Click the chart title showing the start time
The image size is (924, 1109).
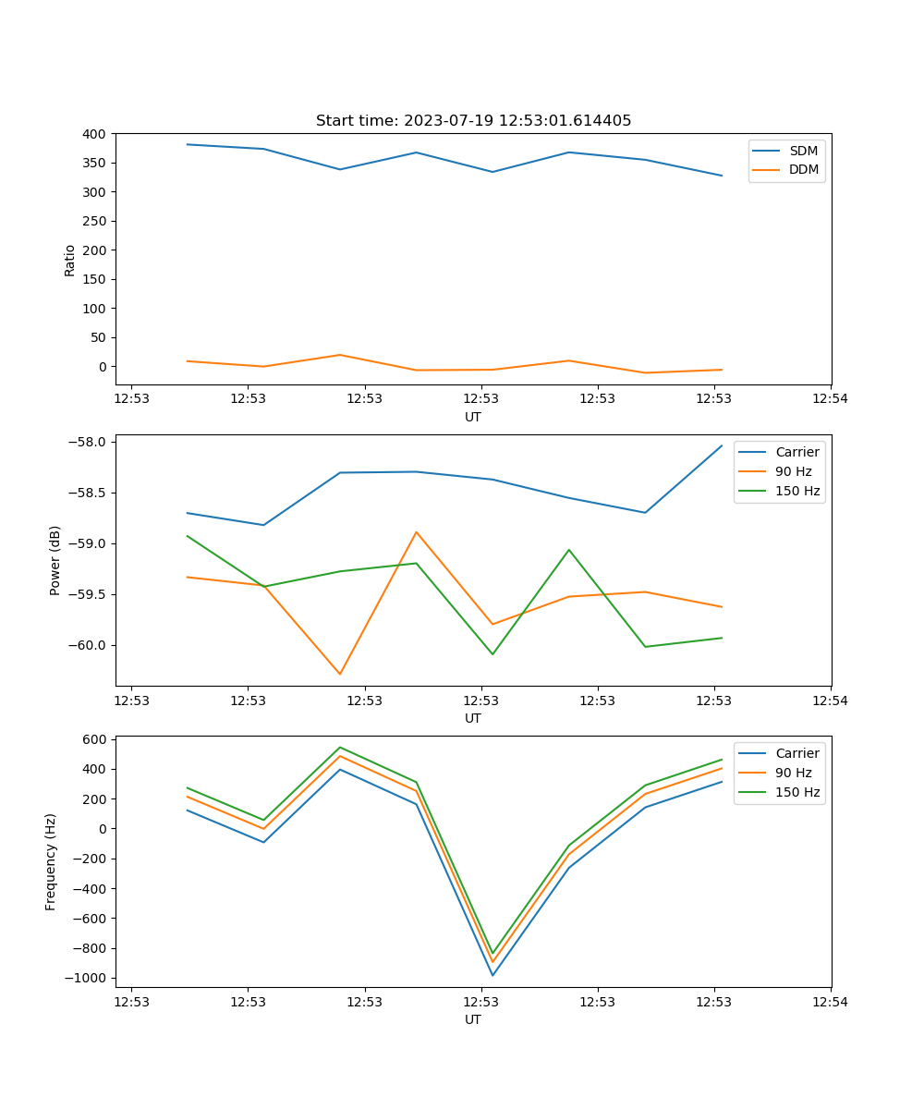[x=473, y=120]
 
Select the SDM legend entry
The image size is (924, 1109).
[x=803, y=151]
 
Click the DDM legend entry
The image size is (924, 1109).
[x=803, y=169]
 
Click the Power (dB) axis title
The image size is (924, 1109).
[x=55, y=560]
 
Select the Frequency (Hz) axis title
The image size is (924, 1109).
[x=51, y=861]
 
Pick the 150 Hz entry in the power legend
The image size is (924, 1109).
[x=797, y=491]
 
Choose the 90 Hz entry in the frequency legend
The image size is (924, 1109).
[x=793, y=773]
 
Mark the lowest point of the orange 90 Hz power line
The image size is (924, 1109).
[x=340, y=674]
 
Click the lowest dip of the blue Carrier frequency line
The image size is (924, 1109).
[x=492, y=975]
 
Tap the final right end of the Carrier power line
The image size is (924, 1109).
[x=722, y=445]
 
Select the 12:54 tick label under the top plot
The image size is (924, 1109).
[x=830, y=399]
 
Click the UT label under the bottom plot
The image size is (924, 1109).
[x=473, y=1019]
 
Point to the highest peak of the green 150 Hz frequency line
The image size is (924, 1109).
[x=340, y=747]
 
